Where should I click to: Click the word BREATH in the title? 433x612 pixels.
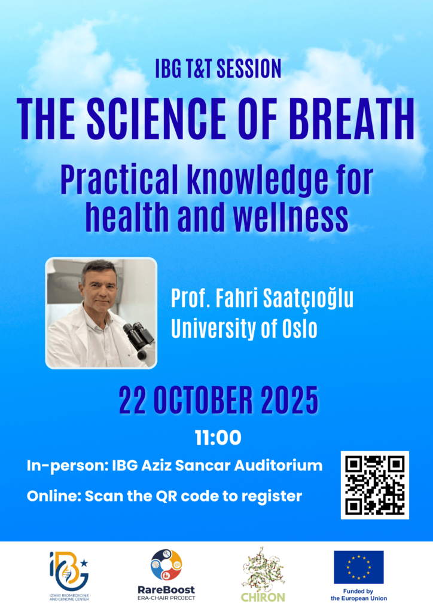353,119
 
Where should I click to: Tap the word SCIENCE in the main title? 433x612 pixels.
155,119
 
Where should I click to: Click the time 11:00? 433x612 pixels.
218,438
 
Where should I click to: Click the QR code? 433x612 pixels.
375,485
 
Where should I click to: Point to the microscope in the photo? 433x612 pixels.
139,339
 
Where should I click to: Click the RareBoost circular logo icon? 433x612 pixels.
166,565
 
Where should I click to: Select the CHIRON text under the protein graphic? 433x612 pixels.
263,597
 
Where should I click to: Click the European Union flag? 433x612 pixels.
359,567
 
